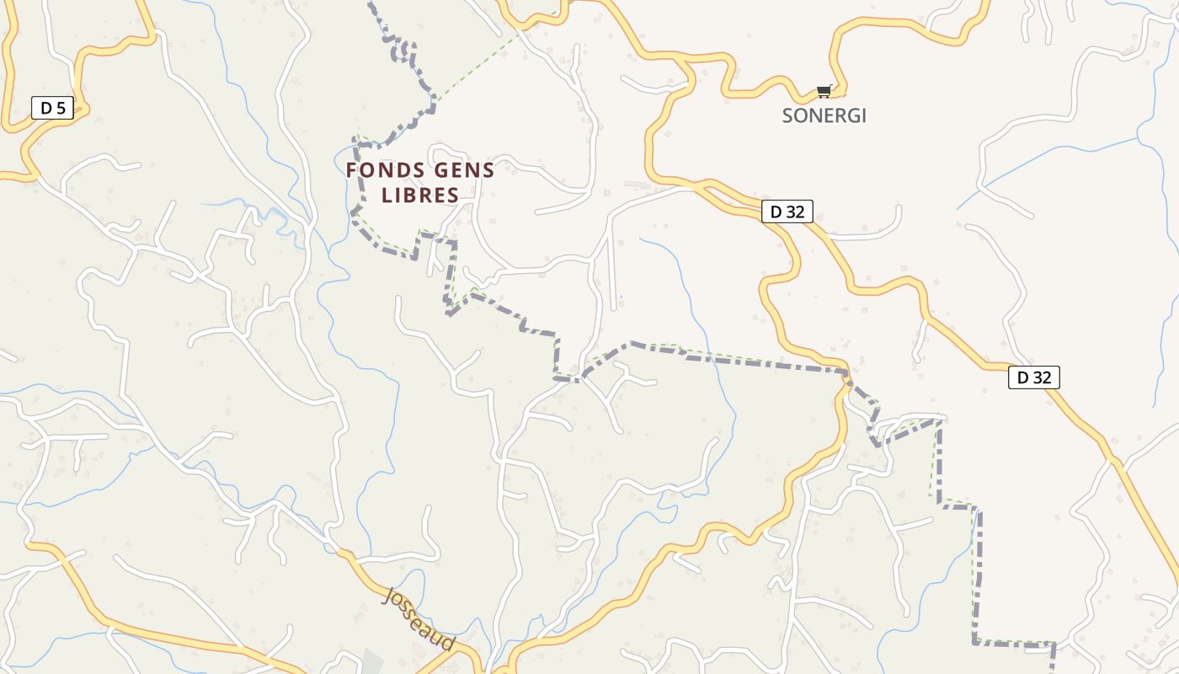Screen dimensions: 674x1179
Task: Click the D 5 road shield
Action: [x=52, y=108]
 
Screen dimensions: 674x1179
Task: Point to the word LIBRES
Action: [x=420, y=195]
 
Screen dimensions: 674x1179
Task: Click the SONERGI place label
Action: [x=824, y=116]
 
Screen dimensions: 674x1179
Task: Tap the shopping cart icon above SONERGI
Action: [x=824, y=91]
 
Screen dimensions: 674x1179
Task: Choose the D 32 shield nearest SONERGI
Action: [x=787, y=212]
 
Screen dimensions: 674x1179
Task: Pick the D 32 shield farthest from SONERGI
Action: [x=1033, y=377]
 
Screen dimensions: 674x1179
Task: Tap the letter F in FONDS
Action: [x=352, y=171]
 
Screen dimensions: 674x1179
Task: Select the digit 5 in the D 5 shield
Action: [x=60, y=108]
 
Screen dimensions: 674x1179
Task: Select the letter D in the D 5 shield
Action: [x=45, y=108]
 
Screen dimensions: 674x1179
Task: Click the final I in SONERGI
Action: [x=862, y=116]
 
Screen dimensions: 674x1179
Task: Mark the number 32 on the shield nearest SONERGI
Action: [x=795, y=212]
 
